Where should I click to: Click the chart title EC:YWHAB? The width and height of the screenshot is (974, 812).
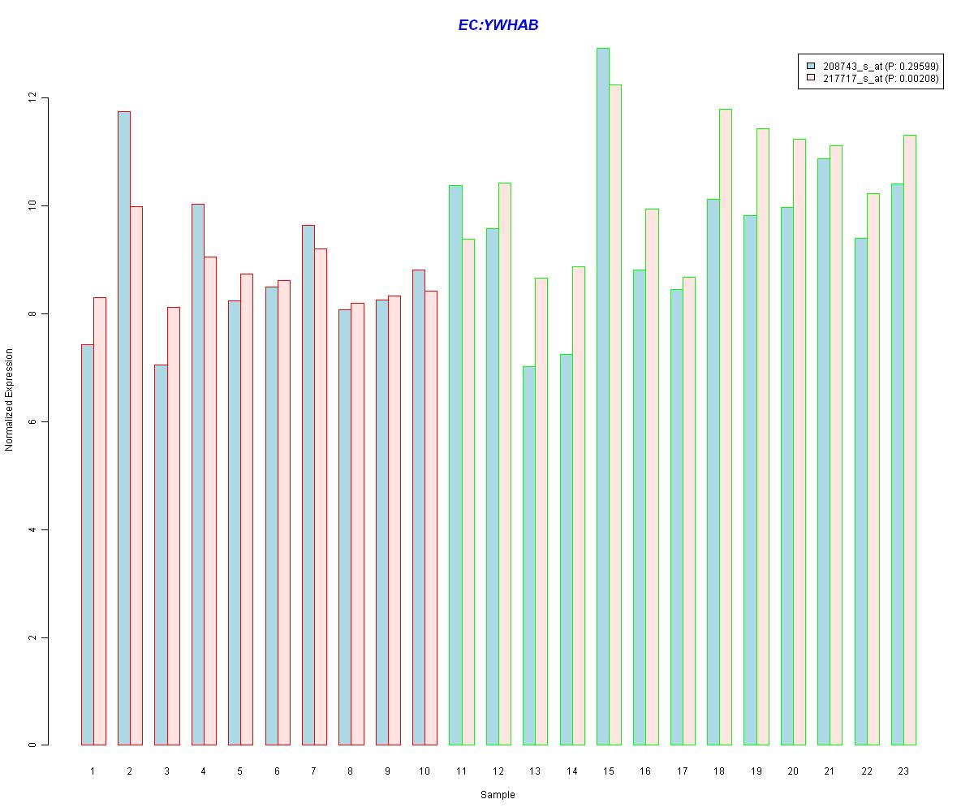pos(498,25)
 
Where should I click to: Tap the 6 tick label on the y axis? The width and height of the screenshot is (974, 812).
pos(32,422)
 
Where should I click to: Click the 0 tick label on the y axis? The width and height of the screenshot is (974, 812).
pos(32,745)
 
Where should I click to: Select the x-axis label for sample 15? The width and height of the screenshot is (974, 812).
pos(609,771)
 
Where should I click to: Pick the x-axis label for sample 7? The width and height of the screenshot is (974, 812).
pos(313,771)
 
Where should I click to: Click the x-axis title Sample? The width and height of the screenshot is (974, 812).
pos(498,795)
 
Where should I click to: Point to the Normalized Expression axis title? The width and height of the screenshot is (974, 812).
pos(10,400)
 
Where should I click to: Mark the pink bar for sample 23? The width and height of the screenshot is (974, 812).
pos(910,439)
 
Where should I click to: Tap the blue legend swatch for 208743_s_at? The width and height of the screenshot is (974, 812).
pos(810,65)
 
